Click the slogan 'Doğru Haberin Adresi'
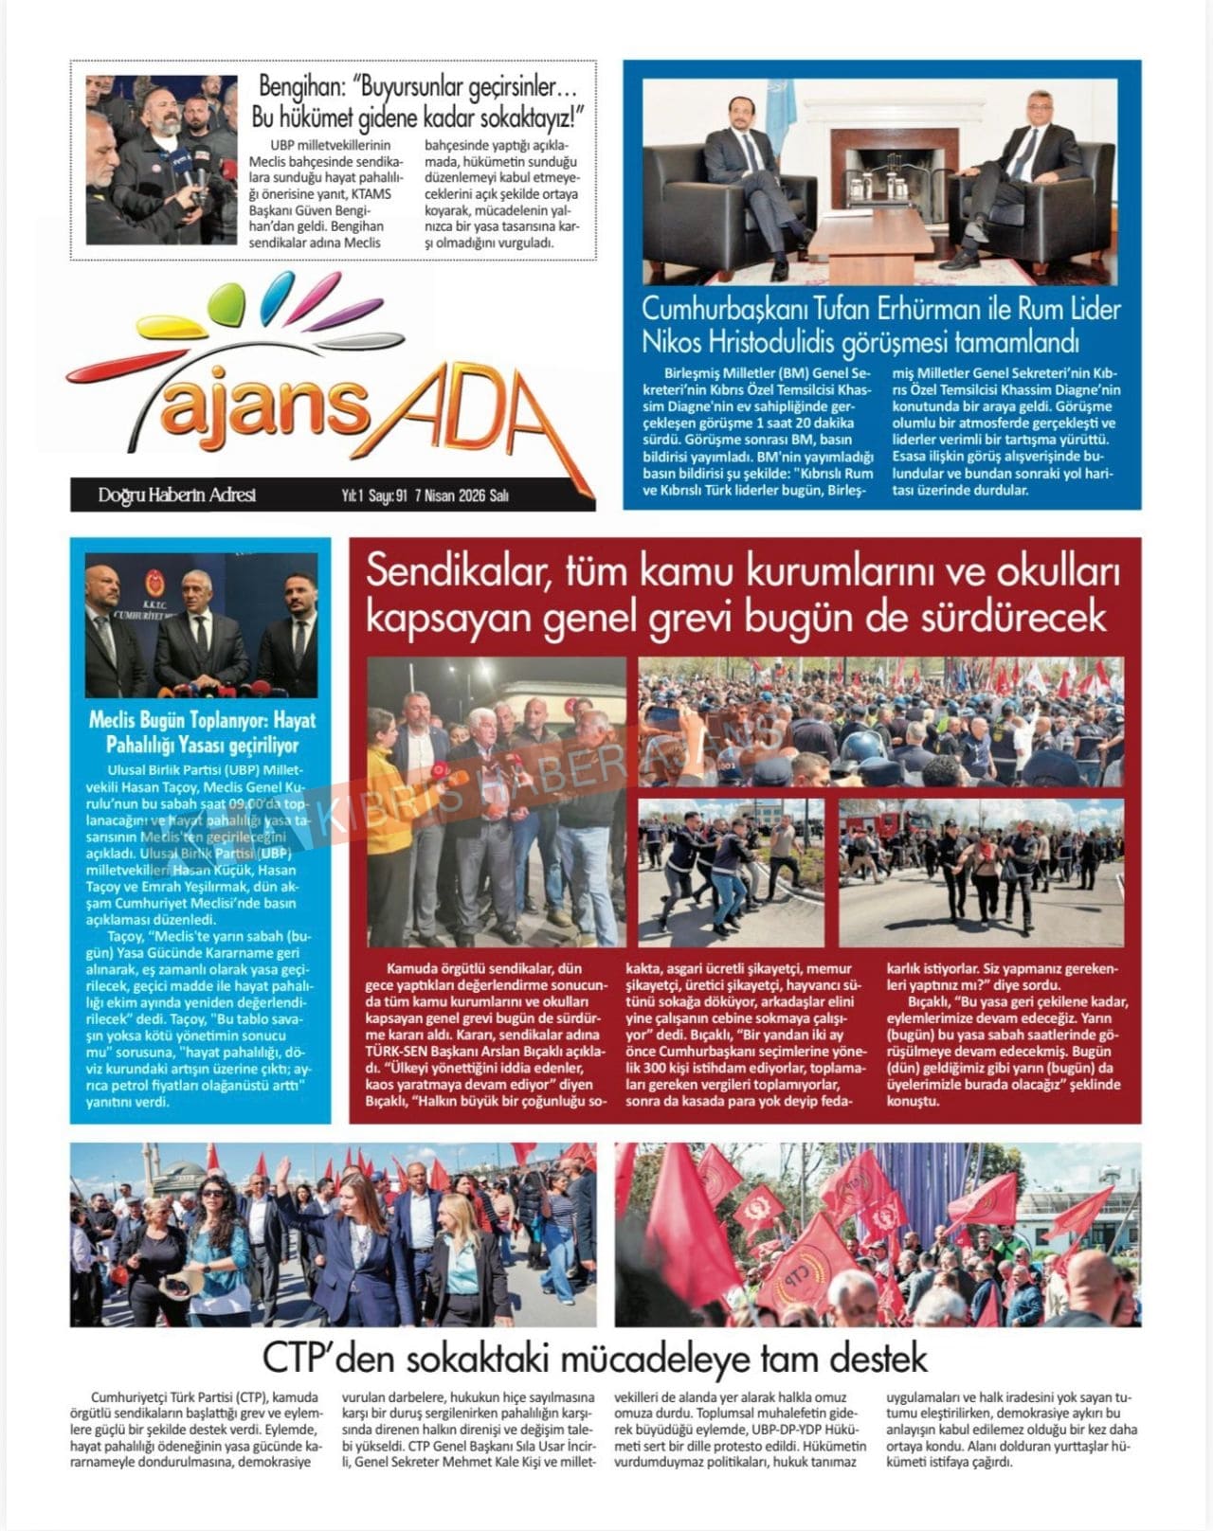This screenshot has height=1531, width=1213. pos(176,495)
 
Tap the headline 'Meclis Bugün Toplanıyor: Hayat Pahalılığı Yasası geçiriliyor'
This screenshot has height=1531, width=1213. pos(202,732)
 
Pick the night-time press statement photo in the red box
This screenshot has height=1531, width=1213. pos(497,802)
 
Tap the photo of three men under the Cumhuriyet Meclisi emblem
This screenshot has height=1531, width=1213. pos(201,626)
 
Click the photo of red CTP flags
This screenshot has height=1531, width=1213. pos(878,1234)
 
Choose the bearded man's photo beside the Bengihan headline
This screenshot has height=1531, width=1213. pos(149,159)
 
